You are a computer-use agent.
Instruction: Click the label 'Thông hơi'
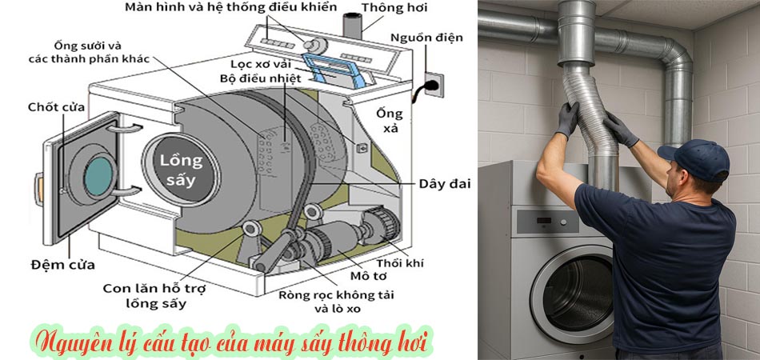394,8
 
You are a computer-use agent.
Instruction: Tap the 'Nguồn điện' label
426,38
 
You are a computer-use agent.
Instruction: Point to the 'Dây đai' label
445,184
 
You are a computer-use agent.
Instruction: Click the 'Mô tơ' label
364,276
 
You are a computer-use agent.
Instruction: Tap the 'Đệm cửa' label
62,265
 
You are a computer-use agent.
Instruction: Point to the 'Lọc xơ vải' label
259,64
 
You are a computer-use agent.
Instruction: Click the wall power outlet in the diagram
434,85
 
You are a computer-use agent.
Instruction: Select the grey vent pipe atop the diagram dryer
352,26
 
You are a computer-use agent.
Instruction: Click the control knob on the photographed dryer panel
563,222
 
